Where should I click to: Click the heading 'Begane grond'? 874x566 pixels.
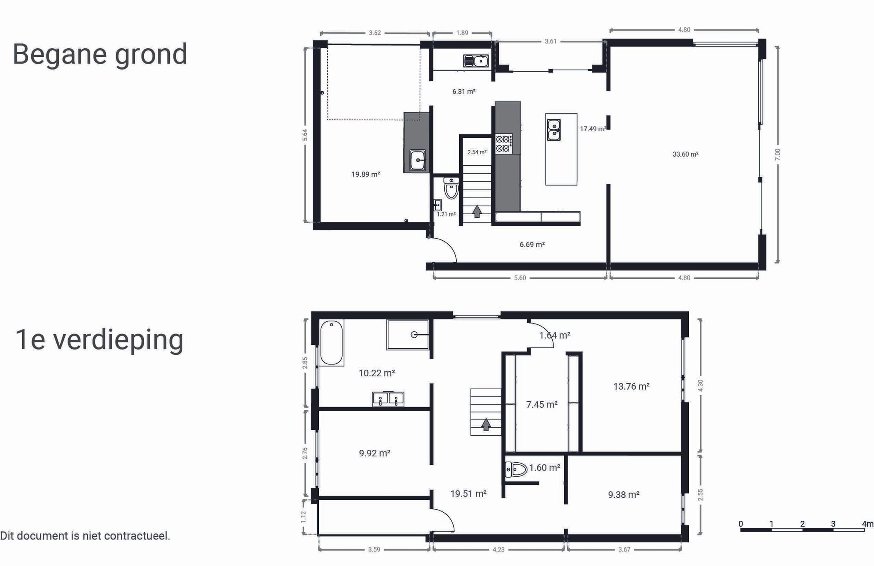100,55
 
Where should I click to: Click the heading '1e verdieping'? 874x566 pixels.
99,340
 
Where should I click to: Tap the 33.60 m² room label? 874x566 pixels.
685,154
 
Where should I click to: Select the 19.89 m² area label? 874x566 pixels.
366,174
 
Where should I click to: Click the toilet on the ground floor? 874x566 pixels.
451,188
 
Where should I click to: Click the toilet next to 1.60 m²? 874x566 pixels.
516,470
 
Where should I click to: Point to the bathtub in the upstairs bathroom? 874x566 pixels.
332,343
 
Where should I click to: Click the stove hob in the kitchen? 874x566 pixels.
504,143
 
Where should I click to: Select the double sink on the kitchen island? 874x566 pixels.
554,130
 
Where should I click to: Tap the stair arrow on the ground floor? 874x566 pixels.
477,211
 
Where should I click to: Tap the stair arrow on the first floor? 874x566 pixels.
486,424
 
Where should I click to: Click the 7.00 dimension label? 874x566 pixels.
777,155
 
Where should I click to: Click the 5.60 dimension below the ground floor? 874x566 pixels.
520,278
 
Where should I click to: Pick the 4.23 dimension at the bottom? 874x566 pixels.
498,549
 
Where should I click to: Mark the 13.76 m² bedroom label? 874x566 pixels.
631,387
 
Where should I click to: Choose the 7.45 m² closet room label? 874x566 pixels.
542,405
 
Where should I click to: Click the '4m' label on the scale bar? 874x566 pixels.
867,524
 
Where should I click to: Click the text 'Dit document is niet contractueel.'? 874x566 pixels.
85,536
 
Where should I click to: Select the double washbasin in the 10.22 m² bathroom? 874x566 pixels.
388,400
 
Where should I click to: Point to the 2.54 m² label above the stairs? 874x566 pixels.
477,152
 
